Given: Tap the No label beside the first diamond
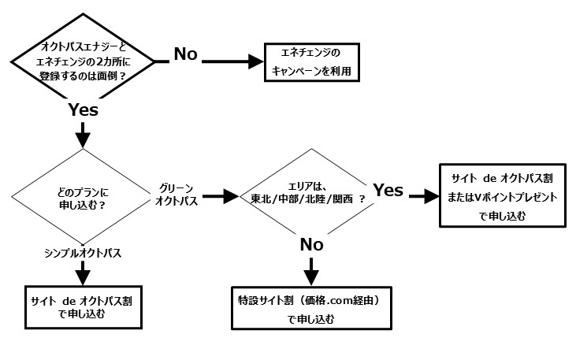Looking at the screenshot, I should pyautogui.click(x=186, y=54).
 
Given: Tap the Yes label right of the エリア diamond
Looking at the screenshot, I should pyautogui.click(x=388, y=190).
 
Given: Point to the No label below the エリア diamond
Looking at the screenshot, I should pyautogui.click(x=311, y=244).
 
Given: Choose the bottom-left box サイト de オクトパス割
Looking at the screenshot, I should pyautogui.click(x=83, y=307).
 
